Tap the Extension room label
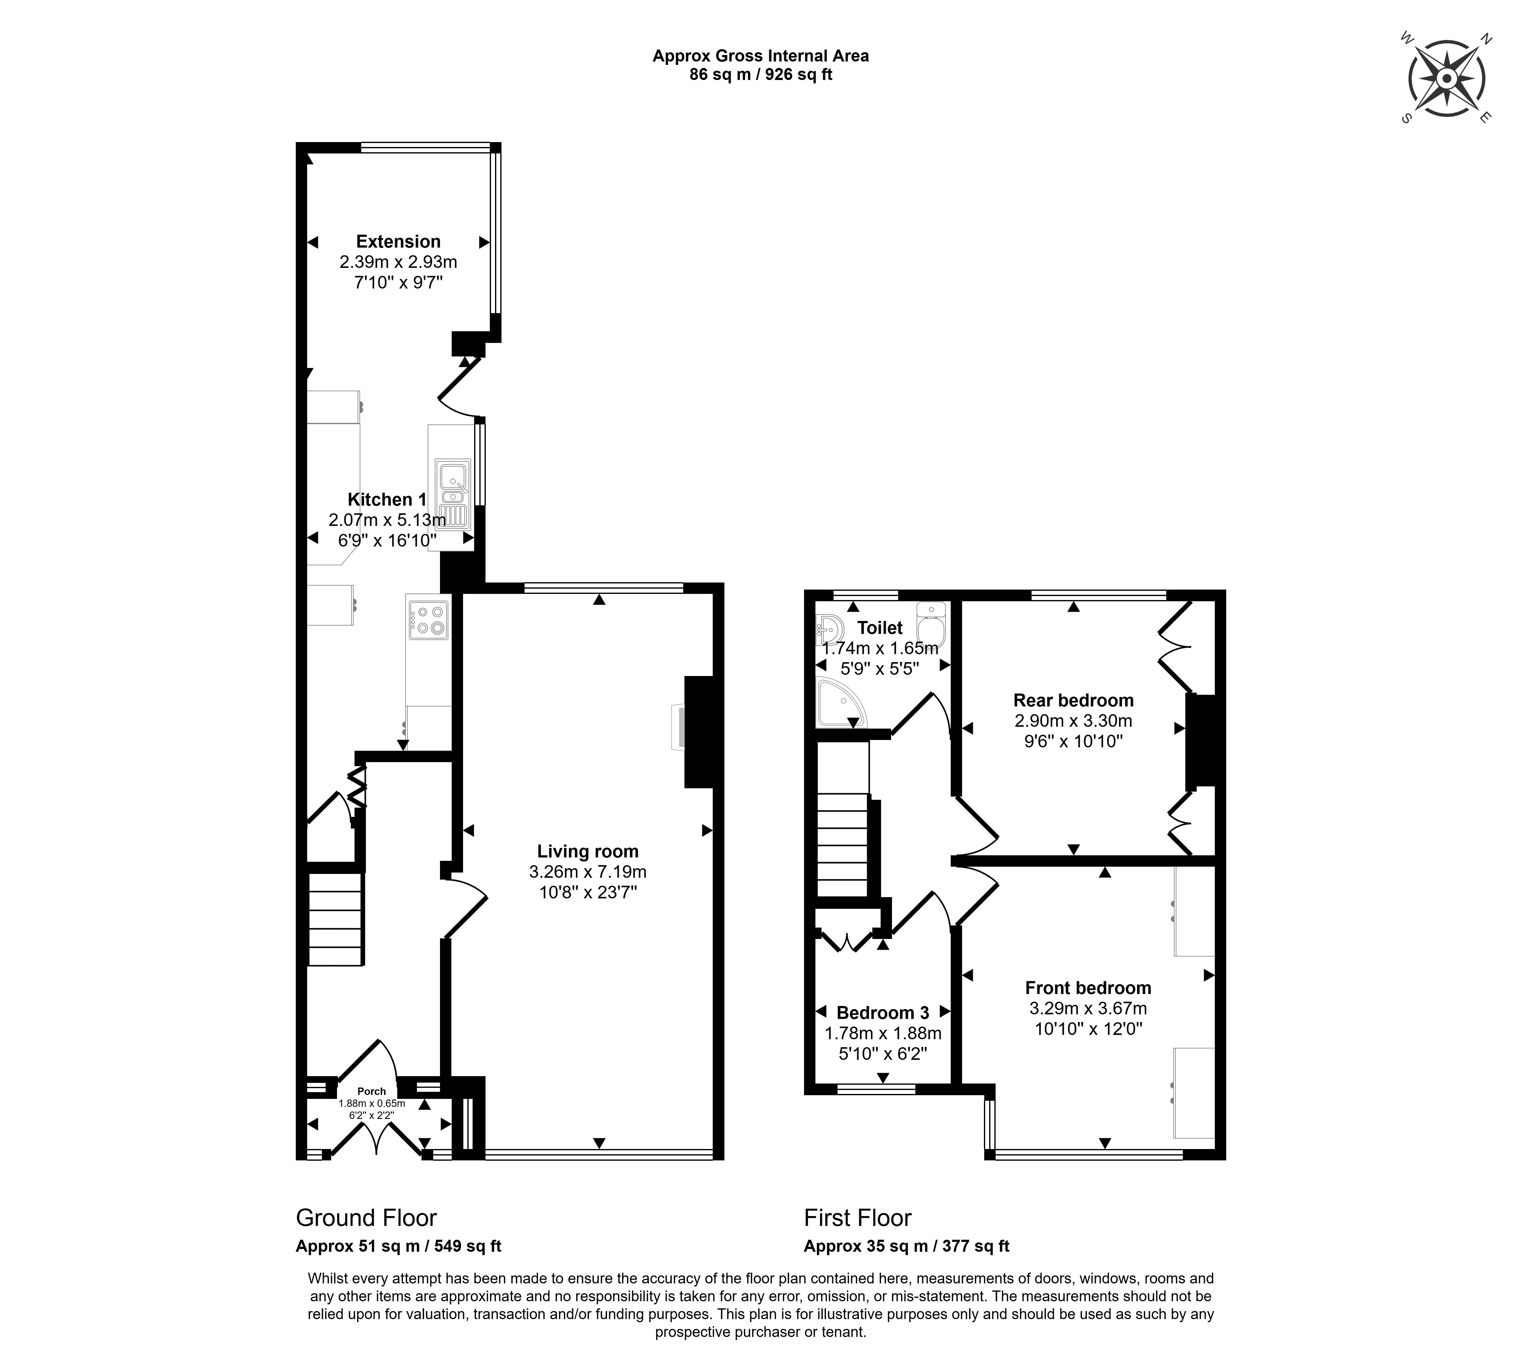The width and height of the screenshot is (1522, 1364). [398, 241]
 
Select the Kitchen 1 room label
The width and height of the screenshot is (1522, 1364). [387, 499]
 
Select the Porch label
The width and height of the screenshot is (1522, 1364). [372, 1091]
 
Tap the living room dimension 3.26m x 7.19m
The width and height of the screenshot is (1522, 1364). [588, 872]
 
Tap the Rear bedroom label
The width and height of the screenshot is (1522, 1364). [1073, 700]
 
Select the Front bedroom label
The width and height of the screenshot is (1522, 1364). [1088, 988]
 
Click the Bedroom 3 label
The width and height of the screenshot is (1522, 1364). [883, 1012]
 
